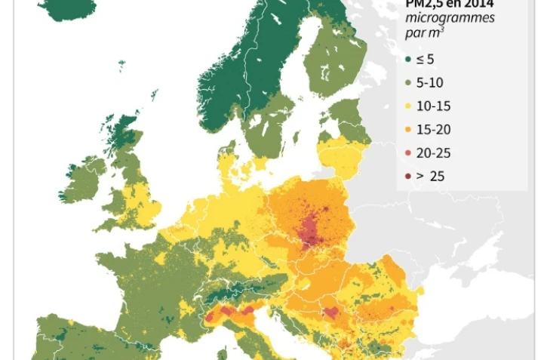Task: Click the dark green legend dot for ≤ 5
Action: [x=408, y=58]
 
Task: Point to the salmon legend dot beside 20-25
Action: [x=408, y=153]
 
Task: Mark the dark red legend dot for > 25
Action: [x=408, y=177]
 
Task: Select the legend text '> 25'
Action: [x=432, y=177]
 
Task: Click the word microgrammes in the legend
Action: [x=450, y=17]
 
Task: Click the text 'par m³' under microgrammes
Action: [x=423, y=32]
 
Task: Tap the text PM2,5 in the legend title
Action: [x=426, y=4]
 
